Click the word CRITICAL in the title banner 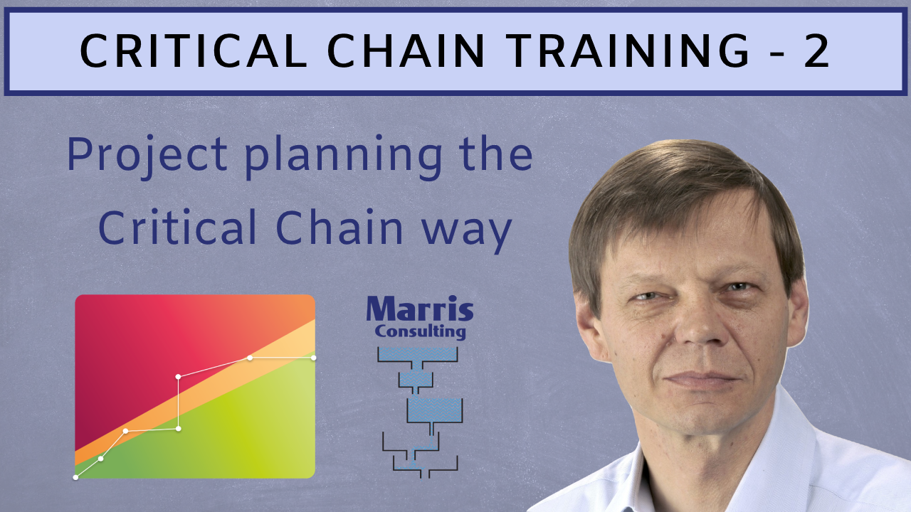point(191,51)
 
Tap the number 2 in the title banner point(817,51)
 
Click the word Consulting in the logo point(420,331)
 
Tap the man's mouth point(701,380)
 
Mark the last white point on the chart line point(314,357)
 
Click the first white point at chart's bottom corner point(75,477)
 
